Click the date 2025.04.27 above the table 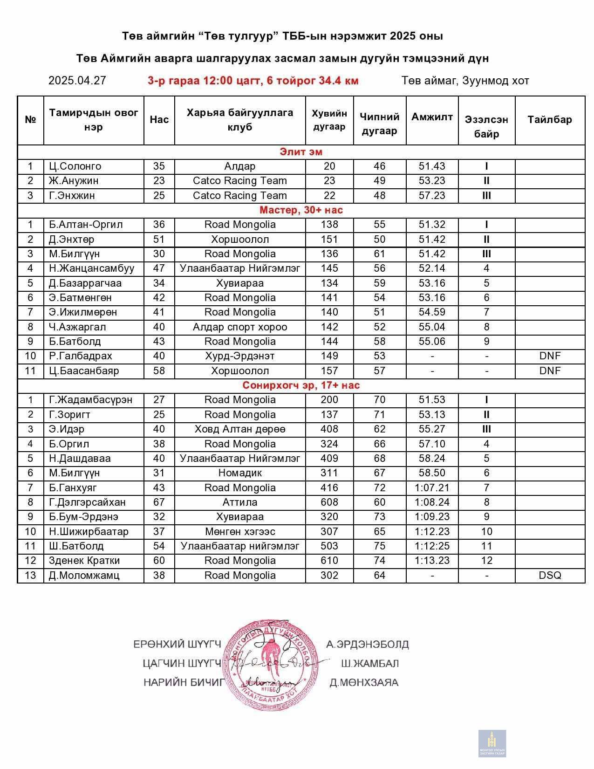coord(77,81)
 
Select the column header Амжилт coord(432,117)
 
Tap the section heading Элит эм coord(301,152)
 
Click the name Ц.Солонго coord(75,166)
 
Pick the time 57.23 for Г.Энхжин coord(432,196)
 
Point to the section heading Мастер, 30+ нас coord(301,210)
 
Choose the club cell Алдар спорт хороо coord(240,327)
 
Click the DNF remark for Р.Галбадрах coord(550,356)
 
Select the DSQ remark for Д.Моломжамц coord(550,576)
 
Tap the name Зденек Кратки coord(84,561)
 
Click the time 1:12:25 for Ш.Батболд coord(432,546)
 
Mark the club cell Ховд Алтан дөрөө coord(240,429)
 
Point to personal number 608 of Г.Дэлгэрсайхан coord(329,502)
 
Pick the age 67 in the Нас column coord(159,502)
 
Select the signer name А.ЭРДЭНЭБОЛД coord(367,645)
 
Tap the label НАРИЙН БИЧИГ coord(184,683)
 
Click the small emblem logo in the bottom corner coord(492,743)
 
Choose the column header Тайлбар coord(550,120)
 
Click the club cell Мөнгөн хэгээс coord(240,532)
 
